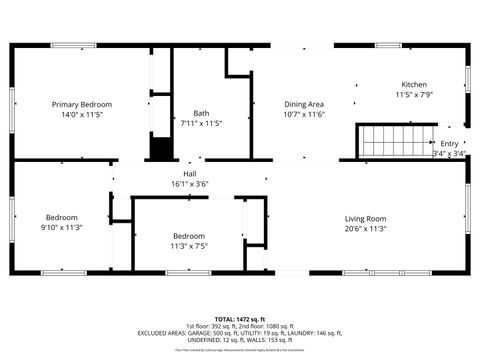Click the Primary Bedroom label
pos(82,104)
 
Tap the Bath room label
pos(200,113)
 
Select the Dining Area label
pos(305,104)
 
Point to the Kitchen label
pos(414,84)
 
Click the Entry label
pos(450,143)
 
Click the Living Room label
pos(365,218)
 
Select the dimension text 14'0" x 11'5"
pos(82,115)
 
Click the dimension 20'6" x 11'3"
pos(365,228)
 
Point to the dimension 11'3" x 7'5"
pos(189,245)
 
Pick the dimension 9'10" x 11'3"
pos(62,228)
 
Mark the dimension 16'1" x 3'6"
pos(189,184)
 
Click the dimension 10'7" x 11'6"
pos(305,115)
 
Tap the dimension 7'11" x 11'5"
pos(200,124)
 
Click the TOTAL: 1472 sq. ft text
pos(240,317)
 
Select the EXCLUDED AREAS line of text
pos(240,333)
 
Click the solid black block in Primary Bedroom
pos(159,148)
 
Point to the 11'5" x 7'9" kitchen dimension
pos(414,95)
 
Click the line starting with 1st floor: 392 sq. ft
pos(240,325)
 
